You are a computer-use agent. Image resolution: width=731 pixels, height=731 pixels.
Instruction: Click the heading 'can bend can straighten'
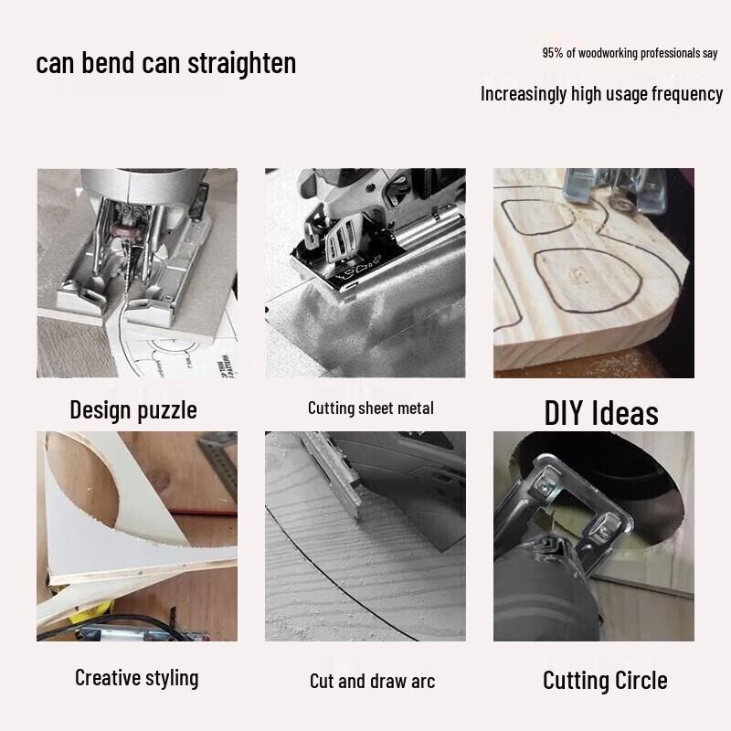click(x=166, y=63)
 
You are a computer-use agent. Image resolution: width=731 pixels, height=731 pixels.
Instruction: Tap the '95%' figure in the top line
click(x=553, y=53)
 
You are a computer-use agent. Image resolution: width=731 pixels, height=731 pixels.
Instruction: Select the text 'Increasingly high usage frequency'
click(x=601, y=93)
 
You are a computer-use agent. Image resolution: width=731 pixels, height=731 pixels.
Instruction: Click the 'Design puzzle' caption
click(x=133, y=409)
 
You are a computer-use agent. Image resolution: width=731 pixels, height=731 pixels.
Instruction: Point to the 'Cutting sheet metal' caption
click(x=370, y=408)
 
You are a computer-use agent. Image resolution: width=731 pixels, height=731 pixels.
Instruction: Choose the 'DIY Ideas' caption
click(x=600, y=413)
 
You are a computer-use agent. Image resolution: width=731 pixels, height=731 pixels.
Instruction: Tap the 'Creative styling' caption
click(x=136, y=677)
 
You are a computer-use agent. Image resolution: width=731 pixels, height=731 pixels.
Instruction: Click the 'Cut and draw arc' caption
click(x=372, y=681)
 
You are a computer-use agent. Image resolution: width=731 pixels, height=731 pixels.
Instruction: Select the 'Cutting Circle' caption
click(x=605, y=680)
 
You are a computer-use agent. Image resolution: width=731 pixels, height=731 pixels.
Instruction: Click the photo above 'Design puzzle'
click(x=137, y=272)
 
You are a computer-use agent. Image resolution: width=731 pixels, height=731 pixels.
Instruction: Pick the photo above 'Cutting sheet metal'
click(x=365, y=272)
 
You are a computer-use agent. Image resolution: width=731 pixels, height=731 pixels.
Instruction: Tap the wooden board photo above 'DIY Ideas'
click(x=594, y=272)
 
